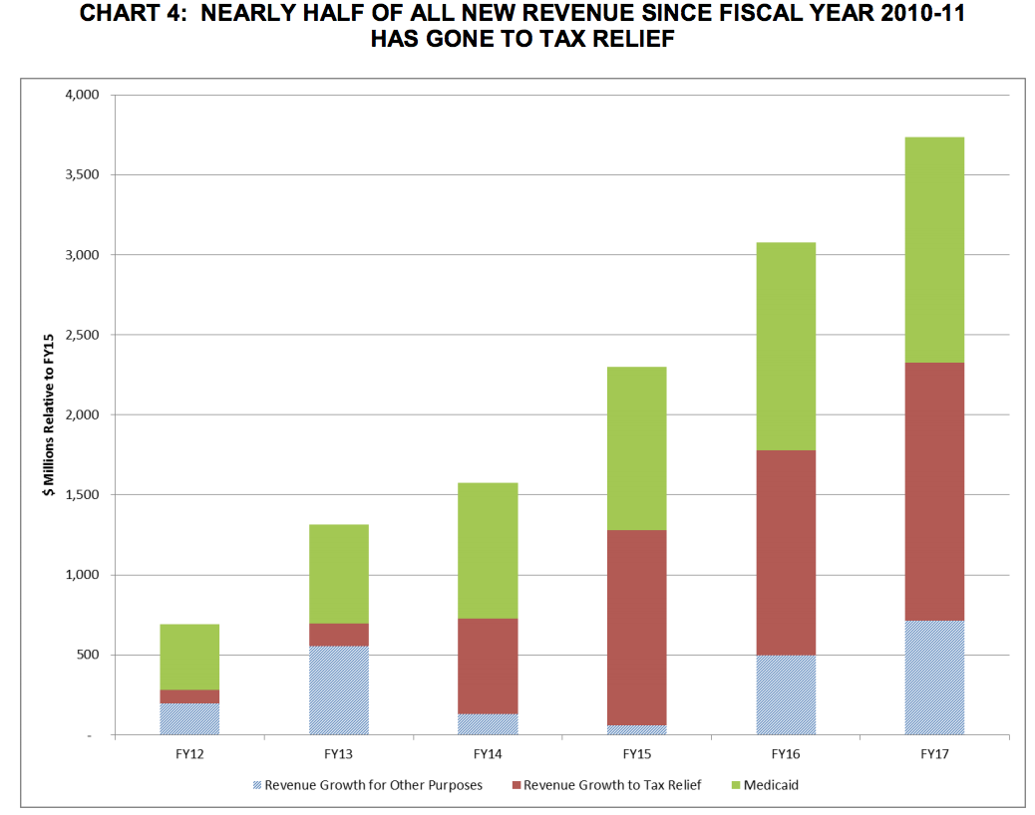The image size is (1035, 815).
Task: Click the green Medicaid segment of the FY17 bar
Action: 934,249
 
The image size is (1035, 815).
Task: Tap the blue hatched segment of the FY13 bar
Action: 339,689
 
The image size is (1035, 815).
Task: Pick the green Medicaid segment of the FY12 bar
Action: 189,657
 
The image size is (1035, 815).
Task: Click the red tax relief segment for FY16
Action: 786,552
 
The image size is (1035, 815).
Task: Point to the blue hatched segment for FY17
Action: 934,678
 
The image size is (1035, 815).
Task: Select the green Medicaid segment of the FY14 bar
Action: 488,550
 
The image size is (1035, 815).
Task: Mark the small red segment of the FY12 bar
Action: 189,696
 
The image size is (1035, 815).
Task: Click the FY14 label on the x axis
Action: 488,755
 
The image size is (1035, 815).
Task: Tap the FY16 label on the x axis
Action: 786,755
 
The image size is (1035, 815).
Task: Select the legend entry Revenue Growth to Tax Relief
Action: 612,785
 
